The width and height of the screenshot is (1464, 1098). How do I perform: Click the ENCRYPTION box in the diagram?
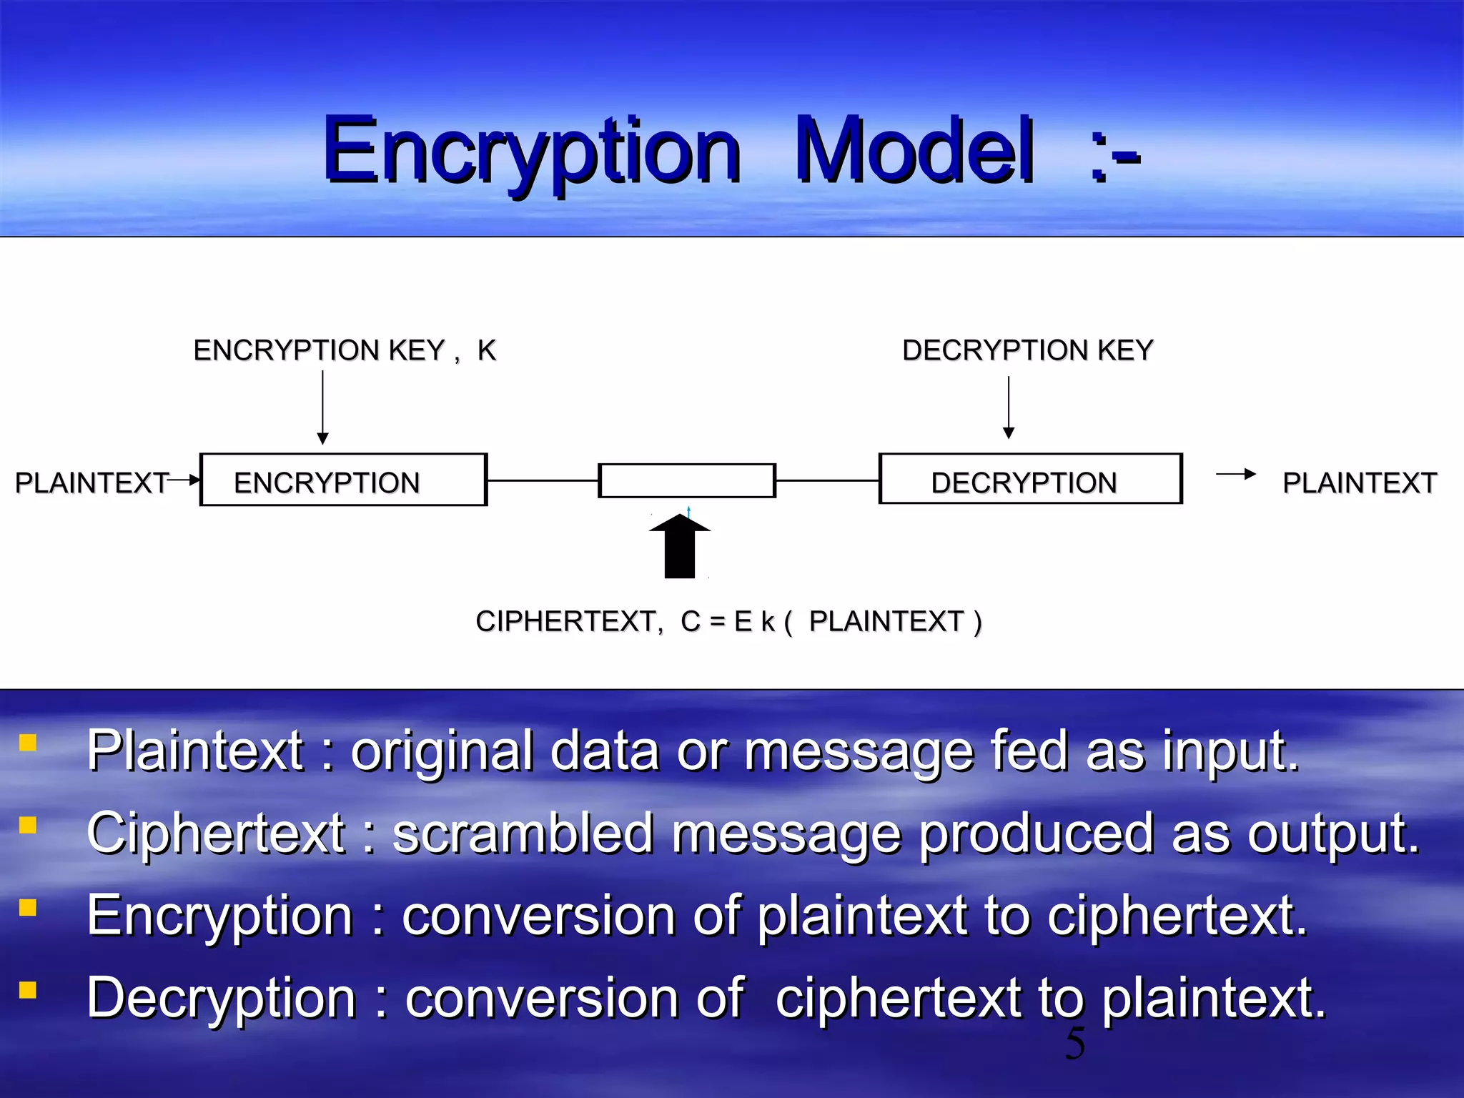point(343,480)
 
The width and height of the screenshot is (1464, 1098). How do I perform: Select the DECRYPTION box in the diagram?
point(1030,479)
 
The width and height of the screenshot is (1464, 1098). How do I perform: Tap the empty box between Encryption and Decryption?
point(686,480)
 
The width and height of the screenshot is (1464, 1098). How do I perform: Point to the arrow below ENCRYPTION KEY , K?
point(322,407)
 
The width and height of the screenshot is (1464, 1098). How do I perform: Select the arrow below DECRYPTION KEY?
point(1009,407)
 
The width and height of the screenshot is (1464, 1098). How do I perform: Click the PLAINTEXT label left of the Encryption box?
point(91,483)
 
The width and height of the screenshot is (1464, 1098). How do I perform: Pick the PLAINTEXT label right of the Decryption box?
point(1359,483)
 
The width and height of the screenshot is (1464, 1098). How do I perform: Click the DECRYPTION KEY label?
point(1027,350)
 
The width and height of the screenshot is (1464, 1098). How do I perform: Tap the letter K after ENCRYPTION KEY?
point(487,350)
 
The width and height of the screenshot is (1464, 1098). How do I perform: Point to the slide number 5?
point(1074,1044)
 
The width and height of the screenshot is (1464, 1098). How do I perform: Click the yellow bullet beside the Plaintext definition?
point(28,743)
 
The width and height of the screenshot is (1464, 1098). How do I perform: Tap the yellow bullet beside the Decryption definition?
point(28,990)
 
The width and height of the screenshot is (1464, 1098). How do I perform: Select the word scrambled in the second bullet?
point(523,834)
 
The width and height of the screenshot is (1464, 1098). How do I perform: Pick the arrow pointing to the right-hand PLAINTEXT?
point(1235,474)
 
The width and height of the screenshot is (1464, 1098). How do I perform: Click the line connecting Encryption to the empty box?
point(543,480)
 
